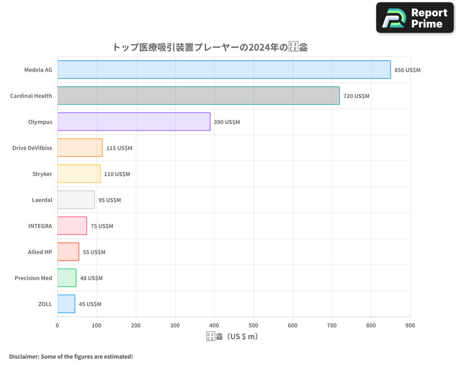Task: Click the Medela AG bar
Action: [223, 70]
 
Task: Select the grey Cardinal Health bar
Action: [198, 96]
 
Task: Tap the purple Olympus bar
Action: [134, 122]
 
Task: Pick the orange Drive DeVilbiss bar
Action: [80, 148]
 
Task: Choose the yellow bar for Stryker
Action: [79, 174]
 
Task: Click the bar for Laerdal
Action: [76, 200]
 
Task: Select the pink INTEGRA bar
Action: [72, 226]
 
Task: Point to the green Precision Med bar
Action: [67, 278]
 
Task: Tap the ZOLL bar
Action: [66, 304]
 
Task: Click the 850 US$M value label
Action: [407, 70]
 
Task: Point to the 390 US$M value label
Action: [227, 122]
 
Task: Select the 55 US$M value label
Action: [94, 252]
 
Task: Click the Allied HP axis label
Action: [40, 252]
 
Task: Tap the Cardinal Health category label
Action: [31, 96]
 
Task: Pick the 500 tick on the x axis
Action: [254, 325]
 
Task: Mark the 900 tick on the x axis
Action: [410, 325]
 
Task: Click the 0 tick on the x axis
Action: [57, 325]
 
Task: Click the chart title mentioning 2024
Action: [210, 47]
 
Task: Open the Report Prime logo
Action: [415, 18]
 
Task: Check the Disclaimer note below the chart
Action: [71, 356]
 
